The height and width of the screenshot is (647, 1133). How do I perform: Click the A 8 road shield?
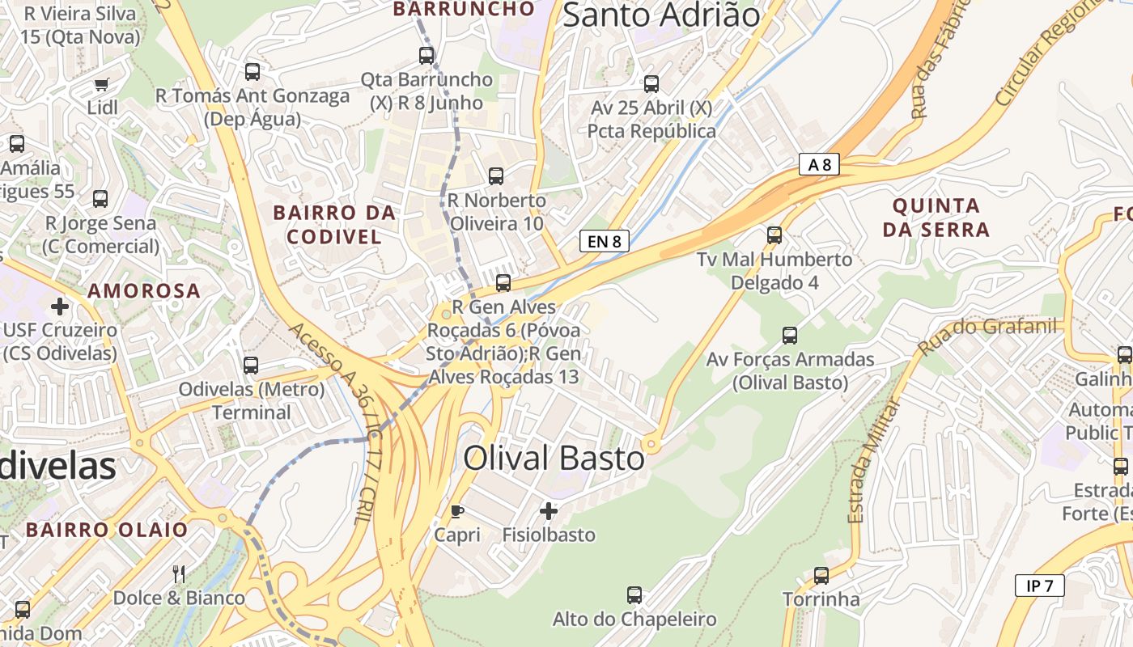pyautogui.click(x=820, y=165)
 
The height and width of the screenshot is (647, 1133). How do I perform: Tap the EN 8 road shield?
pyautogui.click(x=605, y=240)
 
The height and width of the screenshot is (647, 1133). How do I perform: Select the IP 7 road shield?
pyautogui.click(x=1039, y=586)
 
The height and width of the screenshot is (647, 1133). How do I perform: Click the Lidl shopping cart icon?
pyautogui.click(x=101, y=84)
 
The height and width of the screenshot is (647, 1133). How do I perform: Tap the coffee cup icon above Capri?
pyautogui.click(x=456, y=511)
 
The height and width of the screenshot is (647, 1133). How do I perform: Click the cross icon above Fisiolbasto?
pyautogui.click(x=549, y=511)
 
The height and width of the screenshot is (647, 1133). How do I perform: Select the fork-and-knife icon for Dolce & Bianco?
pyautogui.click(x=179, y=574)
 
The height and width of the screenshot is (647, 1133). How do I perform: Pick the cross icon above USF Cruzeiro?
pyautogui.click(x=60, y=307)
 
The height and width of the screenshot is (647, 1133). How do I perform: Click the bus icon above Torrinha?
pyautogui.click(x=821, y=576)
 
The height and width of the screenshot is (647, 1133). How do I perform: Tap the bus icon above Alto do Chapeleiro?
pyautogui.click(x=634, y=595)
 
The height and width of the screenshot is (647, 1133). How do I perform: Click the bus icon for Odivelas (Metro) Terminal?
pyautogui.click(x=251, y=366)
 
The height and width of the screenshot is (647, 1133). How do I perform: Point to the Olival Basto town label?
pyautogui.click(x=554, y=459)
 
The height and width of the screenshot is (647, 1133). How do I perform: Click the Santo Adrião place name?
pyautogui.click(x=661, y=15)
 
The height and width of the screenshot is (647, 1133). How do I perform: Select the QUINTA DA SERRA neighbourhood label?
pyautogui.click(x=936, y=218)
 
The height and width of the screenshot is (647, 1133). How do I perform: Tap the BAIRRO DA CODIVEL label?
pyautogui.click(x=334, y=225)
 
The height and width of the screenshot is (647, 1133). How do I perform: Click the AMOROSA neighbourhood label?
pyautogui.click(x=144, y=290)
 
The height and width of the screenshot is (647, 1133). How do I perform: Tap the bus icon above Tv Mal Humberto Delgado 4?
pyautogui.click(x=774, y=235)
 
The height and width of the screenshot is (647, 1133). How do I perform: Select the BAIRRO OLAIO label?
pyautogui.click(x=106, y=530)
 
